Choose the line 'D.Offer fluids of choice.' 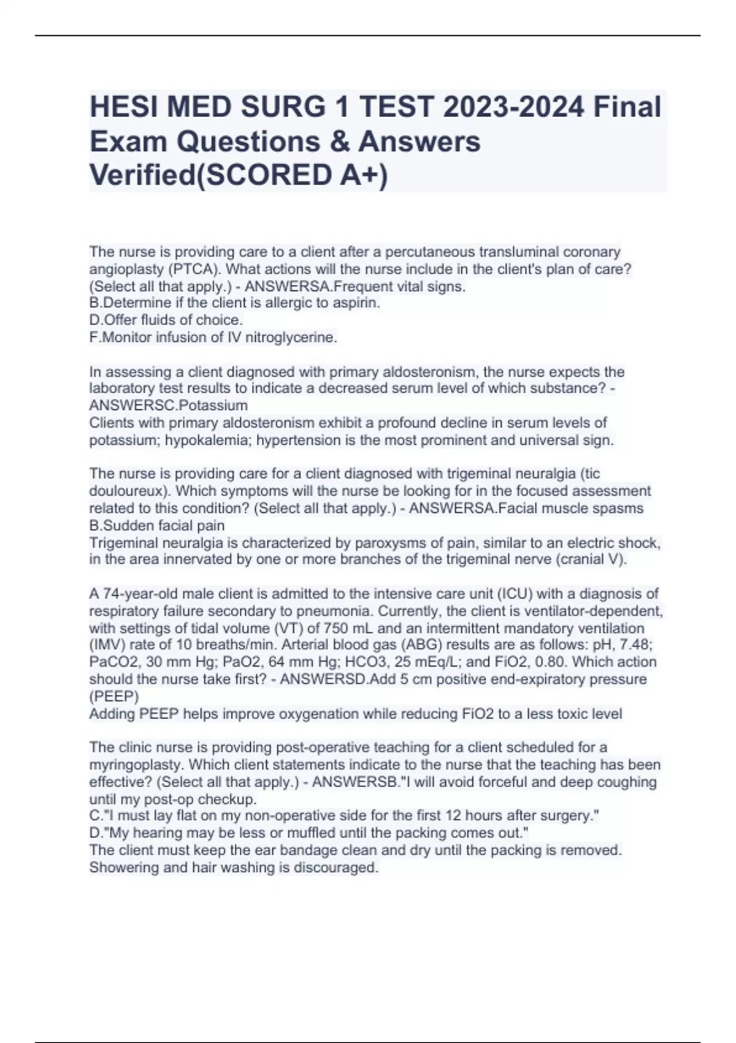click(x=166, y=320)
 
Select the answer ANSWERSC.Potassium click(x=169, y=406)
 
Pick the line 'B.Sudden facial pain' click(x=157, y=525)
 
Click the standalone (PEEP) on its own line click(x=114, y=697)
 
